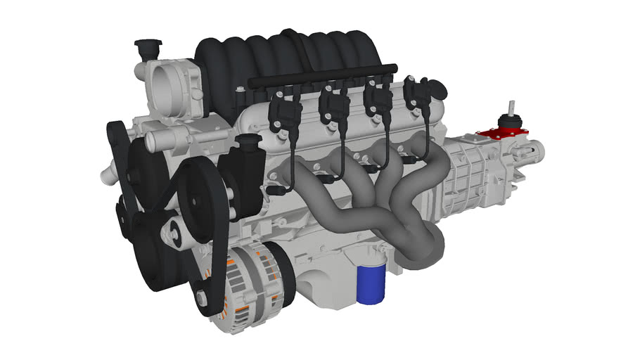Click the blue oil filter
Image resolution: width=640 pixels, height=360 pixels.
pyautogui.click(x=371, y=284)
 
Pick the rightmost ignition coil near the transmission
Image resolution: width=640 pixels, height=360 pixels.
pyautogui.click(x=420, y=98)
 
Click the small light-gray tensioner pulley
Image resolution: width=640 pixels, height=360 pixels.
pyautogui.click(x=173, y=229)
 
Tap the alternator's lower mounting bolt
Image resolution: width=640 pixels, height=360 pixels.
pyautogui.click(x=203, y=300)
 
